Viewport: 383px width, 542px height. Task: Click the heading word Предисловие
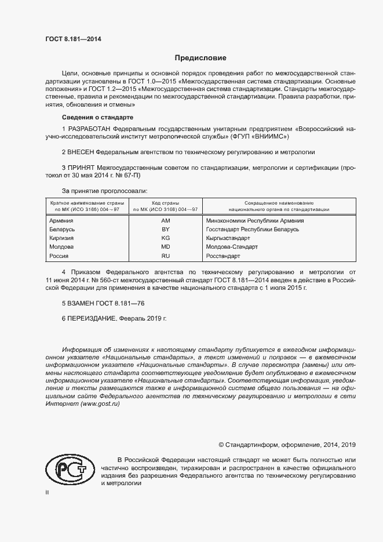point(200,58)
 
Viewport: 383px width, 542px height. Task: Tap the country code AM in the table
point(165,221)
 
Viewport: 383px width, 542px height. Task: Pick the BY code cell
point(165,230)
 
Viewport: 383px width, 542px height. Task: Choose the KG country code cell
point(165,238)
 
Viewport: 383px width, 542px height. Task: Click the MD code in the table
point(165,247)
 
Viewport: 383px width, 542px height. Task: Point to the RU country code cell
point(165,256)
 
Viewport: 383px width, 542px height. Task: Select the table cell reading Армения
point(61,221)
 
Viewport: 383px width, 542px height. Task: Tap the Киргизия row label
point(63,238)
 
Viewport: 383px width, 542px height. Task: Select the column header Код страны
point(165,203)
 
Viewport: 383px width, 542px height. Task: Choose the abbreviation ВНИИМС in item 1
point(270,140)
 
